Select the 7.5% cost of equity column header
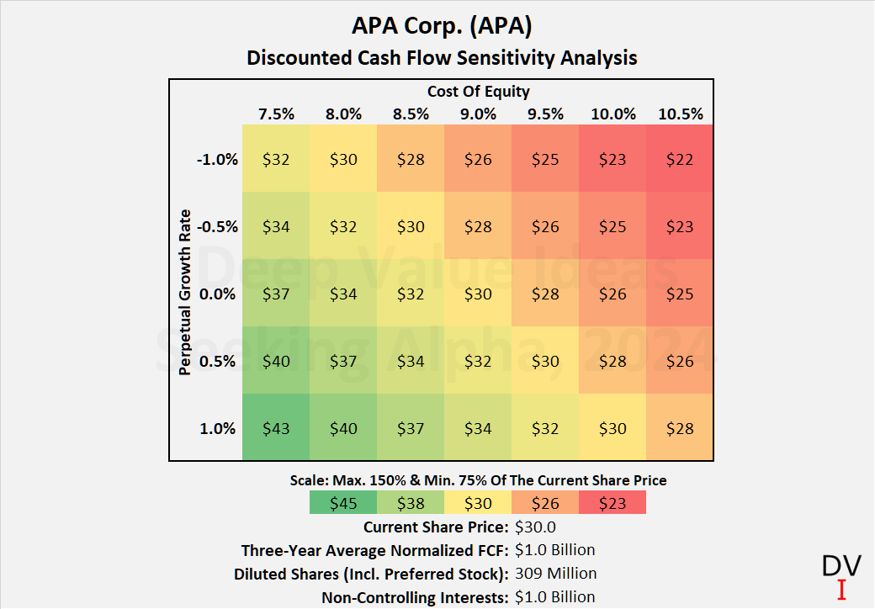276,114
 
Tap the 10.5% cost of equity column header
680,114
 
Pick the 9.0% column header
478,114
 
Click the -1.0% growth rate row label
217,159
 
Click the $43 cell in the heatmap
276,428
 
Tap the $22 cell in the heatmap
680,159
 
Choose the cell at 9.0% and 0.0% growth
478,294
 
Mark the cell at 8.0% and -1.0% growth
343,159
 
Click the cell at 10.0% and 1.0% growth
612,428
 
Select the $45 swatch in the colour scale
343,503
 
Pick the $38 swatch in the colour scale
411,503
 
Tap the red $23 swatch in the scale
612,503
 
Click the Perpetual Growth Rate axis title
185,293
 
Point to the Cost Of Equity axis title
478,92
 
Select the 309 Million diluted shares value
556,574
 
